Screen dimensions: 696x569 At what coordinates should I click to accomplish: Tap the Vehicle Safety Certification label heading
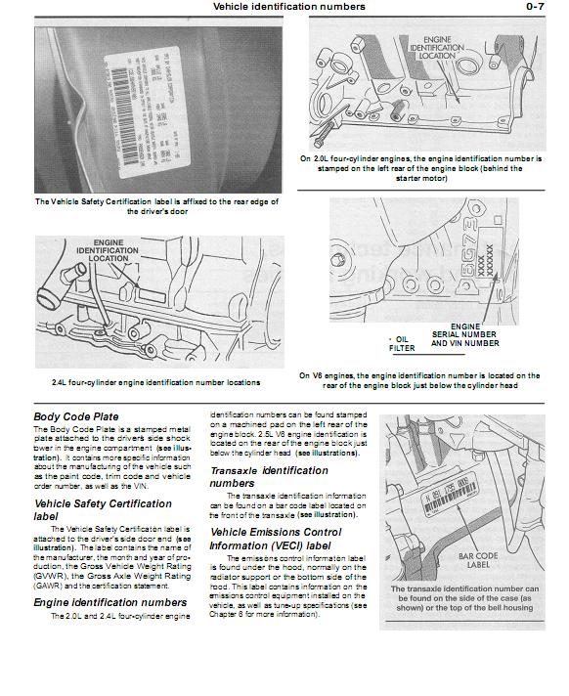(x=103, y=509)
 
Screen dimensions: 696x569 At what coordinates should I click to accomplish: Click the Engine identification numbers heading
(x=109, y=603)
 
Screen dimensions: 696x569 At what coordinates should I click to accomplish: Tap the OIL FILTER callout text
(x=403, y=342)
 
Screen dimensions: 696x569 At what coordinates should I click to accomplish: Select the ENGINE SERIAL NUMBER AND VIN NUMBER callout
(x=464, y=335)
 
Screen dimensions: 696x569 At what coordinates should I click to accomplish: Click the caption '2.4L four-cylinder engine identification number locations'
(x=155, y=382)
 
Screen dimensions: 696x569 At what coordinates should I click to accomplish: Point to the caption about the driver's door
(x=156, y=206)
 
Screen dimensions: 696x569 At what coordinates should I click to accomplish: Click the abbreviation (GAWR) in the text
(x=52, y=587)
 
